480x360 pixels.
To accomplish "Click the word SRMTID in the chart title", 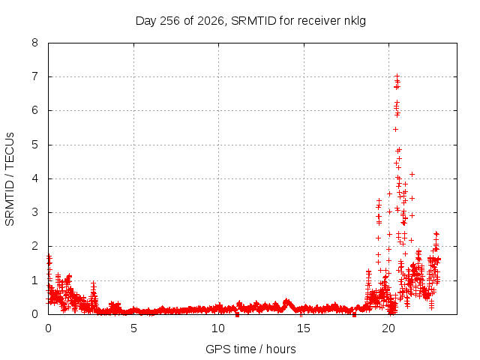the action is [x=253, y=21].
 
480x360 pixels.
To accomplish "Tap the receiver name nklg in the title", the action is [x=355, y=22].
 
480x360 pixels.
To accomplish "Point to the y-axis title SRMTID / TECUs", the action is [x=10, y=179].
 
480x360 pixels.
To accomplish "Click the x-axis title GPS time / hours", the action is [x=250, y=349].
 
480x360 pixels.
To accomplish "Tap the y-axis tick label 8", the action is [x=34, y=43].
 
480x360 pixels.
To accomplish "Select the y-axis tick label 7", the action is [x=34, y=76].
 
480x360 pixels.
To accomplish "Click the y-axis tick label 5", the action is [x=34, y=145].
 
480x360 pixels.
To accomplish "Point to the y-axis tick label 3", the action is [x=34, y=212].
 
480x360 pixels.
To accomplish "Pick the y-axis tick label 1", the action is [x=34, y=280].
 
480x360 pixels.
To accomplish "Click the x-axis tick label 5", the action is [x=133, y=328].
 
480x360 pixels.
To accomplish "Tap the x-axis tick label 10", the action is [x=218, y=328].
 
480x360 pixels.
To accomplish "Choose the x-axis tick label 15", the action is [x=304, y=328].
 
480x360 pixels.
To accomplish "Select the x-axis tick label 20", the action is [x=388, y=328].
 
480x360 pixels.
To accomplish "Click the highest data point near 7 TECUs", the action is [x=397, y=76].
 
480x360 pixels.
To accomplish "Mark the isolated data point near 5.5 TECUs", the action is [x=395, y=130].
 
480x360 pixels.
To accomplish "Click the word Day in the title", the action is [x=146, y=22].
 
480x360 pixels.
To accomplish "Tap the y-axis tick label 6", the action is [x=34, y=110].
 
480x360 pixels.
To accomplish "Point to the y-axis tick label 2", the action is [x=34, y=246].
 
